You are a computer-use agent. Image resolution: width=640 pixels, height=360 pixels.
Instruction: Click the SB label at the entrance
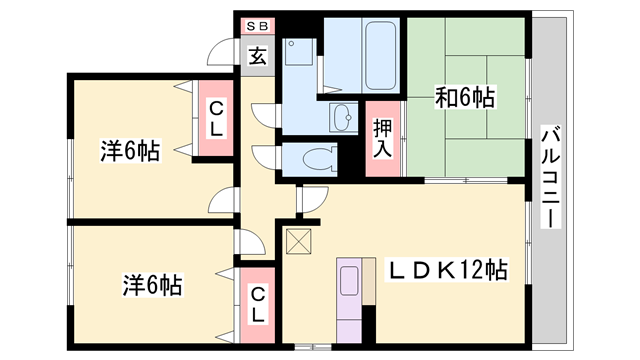(257, 27)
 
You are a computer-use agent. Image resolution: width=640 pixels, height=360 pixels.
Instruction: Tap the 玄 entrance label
(258, 56)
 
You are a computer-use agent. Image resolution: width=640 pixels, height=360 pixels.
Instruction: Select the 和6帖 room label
(465, 98)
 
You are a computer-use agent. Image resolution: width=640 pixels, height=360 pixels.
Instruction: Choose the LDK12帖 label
(448, 270)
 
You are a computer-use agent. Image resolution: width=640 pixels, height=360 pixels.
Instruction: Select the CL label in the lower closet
(257, 305)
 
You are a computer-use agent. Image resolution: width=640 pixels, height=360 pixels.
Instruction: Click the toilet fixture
(318, 159)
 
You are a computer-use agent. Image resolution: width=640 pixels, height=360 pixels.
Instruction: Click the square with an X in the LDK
(298, 240)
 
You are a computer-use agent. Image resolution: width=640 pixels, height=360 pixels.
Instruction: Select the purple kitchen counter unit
(351, 300)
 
